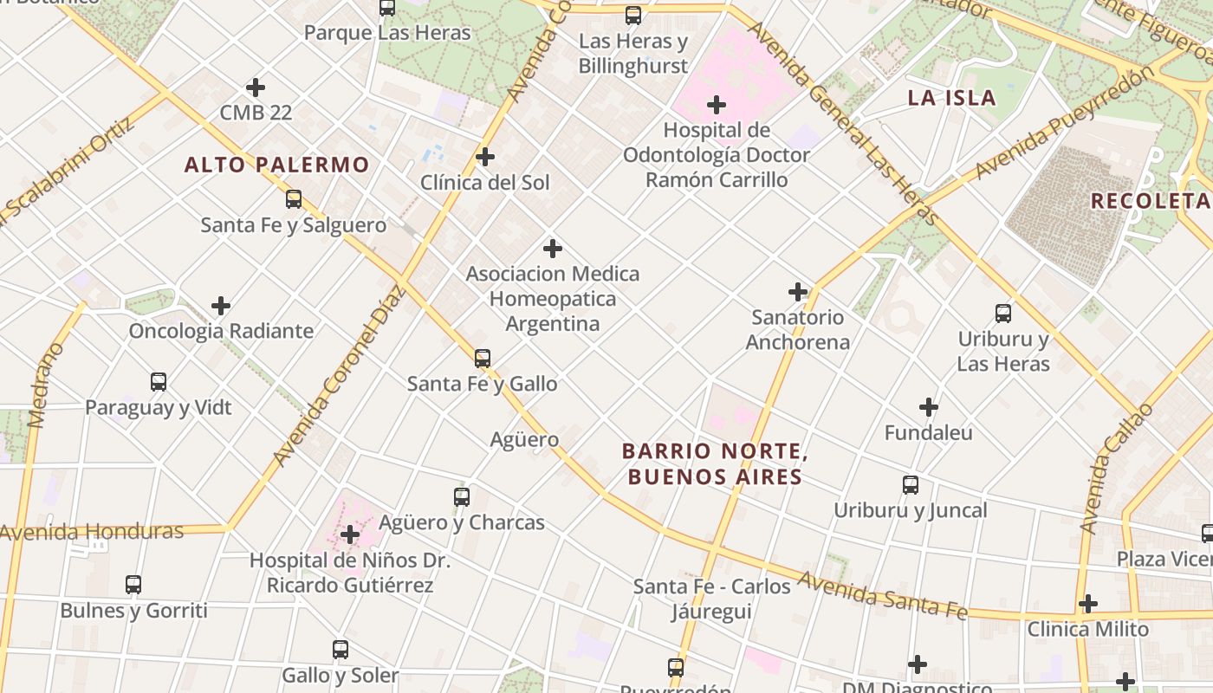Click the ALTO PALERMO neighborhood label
pyautogui.click(x=277, y=165)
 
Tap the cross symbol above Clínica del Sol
pyautogui.click(x=485, y=157)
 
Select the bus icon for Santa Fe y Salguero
pyautogui.click(x=294, y=199)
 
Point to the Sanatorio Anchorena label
pyautogui.click(x=797, y=329)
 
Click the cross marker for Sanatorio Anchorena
pyautogui.click(x=798, y=292)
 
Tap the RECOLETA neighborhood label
pyautogui.click(x=1149, y=201)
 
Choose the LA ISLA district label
pyautogui.click(x=951, y=98)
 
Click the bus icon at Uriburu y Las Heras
pyautogui.click(x=1003, y=314)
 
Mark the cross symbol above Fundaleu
pyautogui.click(x=929, y=406)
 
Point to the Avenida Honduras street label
pyautogui.click(x=92, y=532)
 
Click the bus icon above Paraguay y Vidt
pyautogui.click(x=158, y=382)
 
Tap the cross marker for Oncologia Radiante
pyautogui.click(x=221, y=306)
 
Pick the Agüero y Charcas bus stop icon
pyautogui.click(x=462, y=497)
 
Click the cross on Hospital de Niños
pyautogui.click(x=350, y=534)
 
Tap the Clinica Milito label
pyautogui.click(x=1087, y=630)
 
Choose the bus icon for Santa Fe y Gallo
pyautogui.click(x=483, y=358)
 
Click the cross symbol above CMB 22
pyautogui.click(x=256, y=87)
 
